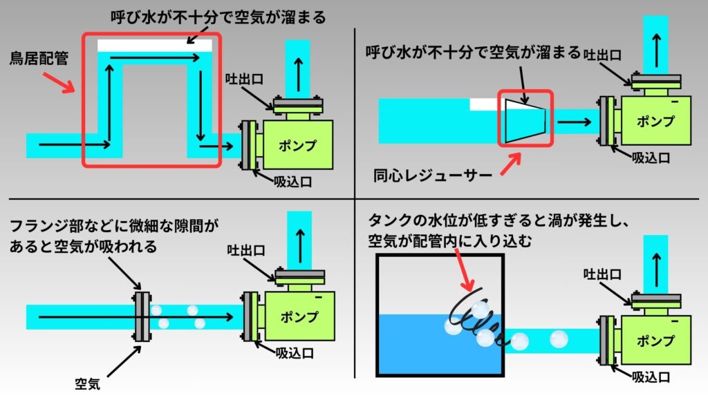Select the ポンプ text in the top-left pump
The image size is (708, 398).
(x=297, y=146)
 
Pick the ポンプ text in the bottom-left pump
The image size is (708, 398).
(x=300, y=317)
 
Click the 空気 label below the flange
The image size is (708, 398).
(x=88, y=383)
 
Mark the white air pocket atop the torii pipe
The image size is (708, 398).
(x=154, y=45)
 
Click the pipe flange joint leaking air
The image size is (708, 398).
(x=142, y=316)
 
